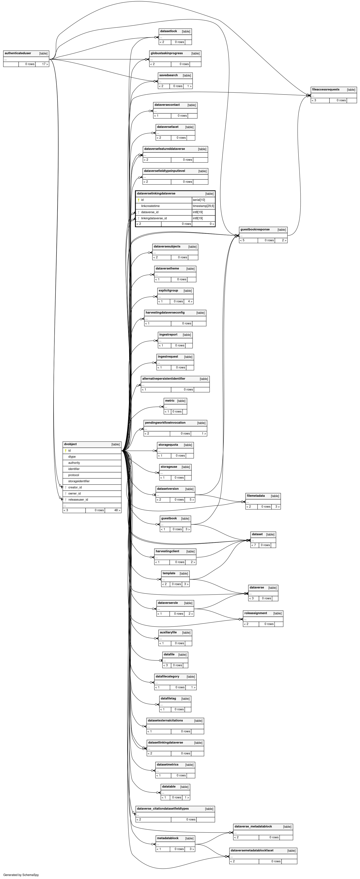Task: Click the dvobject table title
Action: (x=70, y=444)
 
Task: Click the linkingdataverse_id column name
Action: (x=154, y=218)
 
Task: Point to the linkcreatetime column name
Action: (x=150, y=206)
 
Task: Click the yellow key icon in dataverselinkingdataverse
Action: (x=138, y=200)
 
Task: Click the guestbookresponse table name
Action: (x=255, y=229)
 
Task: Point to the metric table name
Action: (x=170, y=400)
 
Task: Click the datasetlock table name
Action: (x=169, y=31)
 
